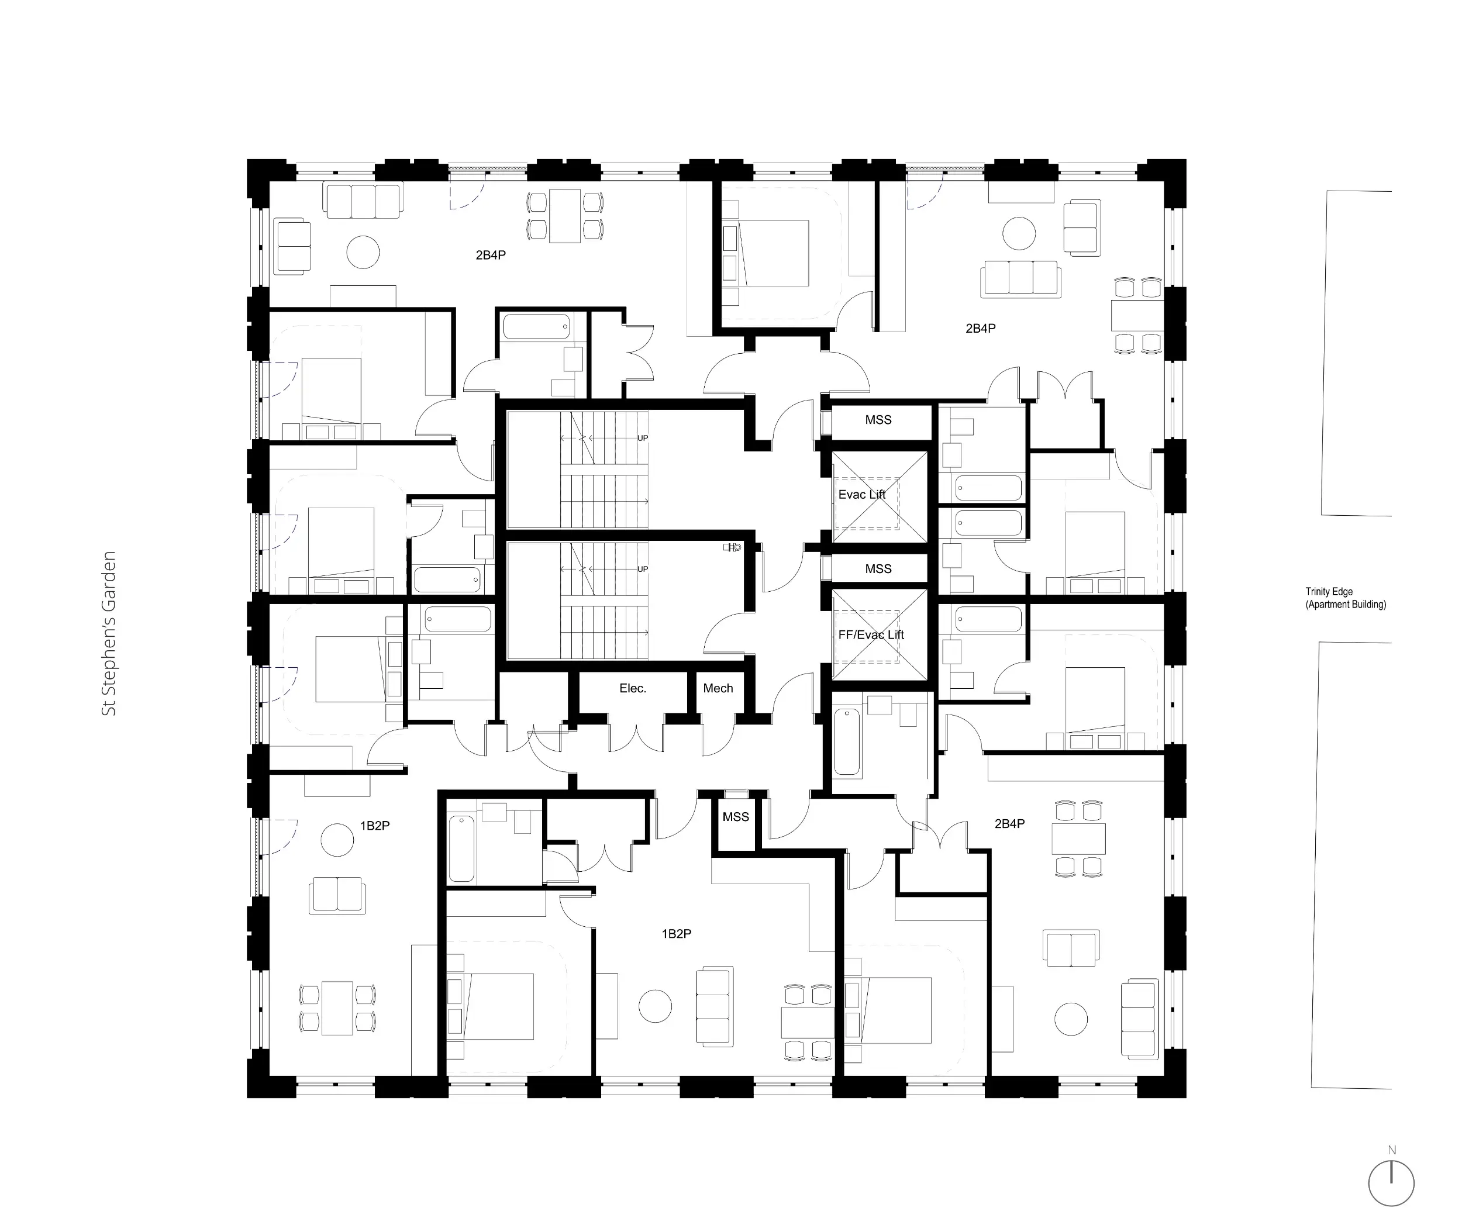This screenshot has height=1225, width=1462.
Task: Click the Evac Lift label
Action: tap(862, 495)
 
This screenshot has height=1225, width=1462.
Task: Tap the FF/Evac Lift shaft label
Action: tap(871, 635)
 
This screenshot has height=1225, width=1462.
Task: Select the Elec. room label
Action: tap(633, 688)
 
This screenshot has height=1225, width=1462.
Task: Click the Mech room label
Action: tap(718, 688)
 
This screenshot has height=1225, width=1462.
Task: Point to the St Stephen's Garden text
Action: tap(109, 633)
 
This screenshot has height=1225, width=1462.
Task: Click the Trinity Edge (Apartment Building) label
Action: tap(1345, 598)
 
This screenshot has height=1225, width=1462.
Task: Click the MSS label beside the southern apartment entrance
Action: tap(736, 817)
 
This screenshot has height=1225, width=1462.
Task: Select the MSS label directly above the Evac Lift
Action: tap(878, 420)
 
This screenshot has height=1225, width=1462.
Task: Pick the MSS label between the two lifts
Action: tap(878, 569)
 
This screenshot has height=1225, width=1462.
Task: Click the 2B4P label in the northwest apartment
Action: tap(491, 256)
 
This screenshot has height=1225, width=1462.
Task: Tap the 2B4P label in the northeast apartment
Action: tap(980, 329)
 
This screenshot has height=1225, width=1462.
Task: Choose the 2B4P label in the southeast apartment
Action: tap(1009, 824)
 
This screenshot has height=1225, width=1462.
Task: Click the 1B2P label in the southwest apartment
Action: tap(374, 826)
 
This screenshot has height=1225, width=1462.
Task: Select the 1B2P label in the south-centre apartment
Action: tap(677, 934)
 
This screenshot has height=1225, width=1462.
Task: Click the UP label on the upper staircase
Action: tap(643, 439)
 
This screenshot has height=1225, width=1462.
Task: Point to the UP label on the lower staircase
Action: tap(643, 570)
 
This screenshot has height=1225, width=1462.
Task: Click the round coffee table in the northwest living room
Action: tap(363, 251)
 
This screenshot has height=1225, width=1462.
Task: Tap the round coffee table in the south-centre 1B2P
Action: tap(655, 1006)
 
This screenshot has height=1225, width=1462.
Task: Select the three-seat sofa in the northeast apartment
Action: tap(1020, 278)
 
